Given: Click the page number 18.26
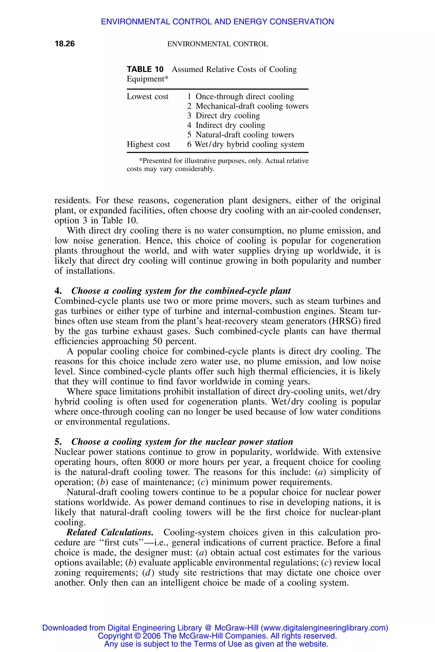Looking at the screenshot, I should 65,44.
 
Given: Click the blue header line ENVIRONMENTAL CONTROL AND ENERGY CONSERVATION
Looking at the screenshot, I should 217,22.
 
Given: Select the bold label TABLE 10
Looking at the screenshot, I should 145,69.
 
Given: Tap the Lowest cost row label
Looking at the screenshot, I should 147,97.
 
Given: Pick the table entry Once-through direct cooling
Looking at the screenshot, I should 245,97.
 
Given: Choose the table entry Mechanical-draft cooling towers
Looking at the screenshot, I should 252,106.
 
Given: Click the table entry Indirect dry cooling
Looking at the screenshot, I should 230,125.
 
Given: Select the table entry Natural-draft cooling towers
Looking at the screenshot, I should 245,135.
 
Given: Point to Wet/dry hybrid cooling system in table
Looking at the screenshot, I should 249,144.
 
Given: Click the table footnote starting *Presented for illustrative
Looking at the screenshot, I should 217,165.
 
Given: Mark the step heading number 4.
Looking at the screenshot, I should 58,291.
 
